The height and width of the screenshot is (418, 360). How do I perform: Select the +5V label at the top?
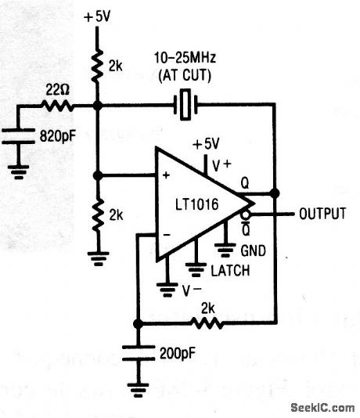pos(96,15)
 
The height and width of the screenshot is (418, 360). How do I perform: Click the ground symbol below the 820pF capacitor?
pos(16,164)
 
